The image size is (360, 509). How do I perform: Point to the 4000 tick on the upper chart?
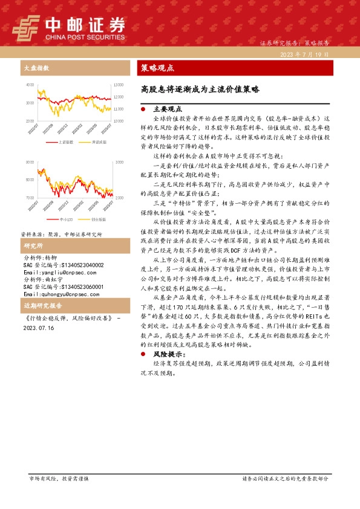30,85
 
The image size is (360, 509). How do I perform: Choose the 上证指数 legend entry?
65,142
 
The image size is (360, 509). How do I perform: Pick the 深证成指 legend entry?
99,142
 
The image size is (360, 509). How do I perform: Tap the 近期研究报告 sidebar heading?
39,305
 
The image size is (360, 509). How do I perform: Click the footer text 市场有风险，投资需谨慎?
59,478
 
